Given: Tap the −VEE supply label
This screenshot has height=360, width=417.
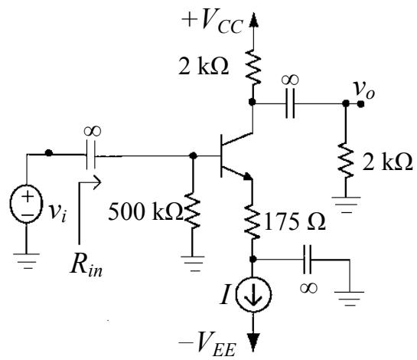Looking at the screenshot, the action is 207,344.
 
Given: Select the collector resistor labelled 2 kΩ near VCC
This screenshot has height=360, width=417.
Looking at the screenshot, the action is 253,67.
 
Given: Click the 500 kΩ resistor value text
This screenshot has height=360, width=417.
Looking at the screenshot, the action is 145,211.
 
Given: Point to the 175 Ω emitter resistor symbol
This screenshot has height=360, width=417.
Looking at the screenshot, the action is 252,221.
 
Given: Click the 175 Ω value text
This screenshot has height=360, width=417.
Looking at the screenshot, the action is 295,221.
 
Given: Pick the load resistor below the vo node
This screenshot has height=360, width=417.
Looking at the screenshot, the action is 346,161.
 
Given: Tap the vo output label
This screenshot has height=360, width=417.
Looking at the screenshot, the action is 364,90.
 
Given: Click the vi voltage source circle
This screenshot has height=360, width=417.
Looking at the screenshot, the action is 26,204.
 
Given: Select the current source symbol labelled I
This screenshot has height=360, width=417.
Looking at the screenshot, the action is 253,293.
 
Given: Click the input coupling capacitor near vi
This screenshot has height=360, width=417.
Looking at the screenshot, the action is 91,155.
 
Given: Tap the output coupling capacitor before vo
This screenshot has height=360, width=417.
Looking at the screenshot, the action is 290,103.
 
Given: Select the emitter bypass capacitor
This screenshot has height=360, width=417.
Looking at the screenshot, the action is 308,259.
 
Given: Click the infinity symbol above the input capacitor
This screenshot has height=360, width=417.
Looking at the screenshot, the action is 93,131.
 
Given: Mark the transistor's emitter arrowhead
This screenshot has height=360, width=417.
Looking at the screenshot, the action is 247,176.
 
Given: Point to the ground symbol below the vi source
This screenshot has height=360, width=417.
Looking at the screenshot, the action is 26,261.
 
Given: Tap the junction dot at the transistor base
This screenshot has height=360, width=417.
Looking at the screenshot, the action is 194,155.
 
